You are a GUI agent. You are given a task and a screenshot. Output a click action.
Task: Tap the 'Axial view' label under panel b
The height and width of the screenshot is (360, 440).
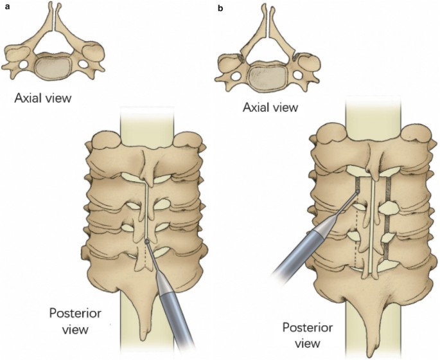(x=270, y=107)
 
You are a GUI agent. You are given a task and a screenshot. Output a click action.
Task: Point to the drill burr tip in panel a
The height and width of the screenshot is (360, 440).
(x=147, y=242)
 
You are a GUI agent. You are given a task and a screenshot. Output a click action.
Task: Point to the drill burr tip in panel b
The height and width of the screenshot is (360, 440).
(x=356, y=191)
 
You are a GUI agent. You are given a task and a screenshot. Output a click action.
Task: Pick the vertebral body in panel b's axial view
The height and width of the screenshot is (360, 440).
(x=265, y=74)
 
